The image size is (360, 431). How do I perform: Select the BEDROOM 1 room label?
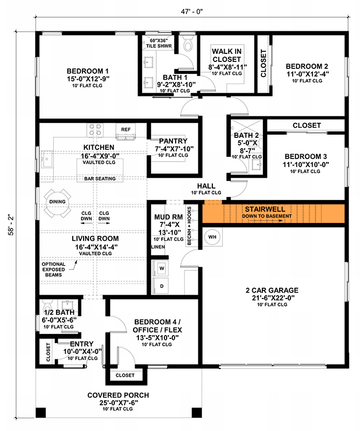coord(88,71)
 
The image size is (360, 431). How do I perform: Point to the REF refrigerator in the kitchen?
coord(126,129)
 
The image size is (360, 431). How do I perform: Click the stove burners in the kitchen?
coord(95,129)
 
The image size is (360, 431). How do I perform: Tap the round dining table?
coord(58,202)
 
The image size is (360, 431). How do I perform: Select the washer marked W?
coord(161,267)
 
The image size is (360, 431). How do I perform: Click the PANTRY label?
coord(173,141)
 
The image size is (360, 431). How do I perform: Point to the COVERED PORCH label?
coord(118,395)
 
